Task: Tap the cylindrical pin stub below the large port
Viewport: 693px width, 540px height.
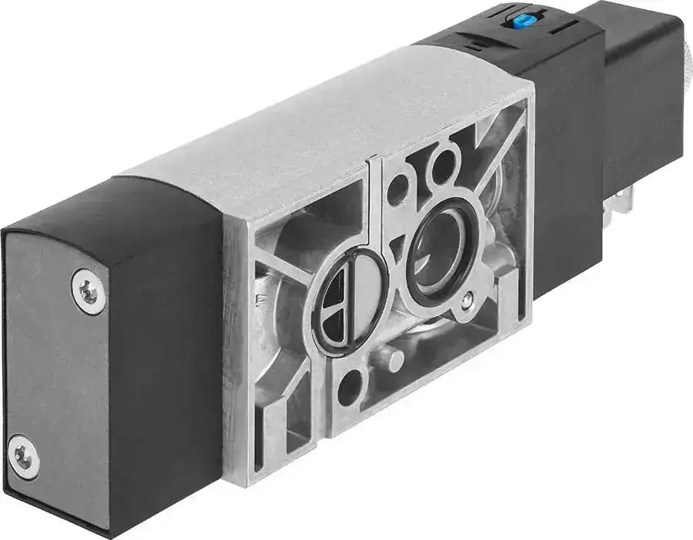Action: (391, 358)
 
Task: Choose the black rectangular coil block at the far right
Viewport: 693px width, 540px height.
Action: (643, 92)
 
